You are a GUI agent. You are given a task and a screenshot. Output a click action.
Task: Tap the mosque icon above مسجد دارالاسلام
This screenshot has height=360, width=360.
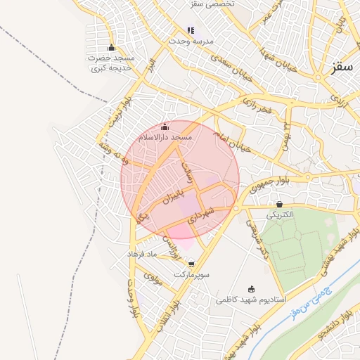pyautogui.click(x=165, y=127)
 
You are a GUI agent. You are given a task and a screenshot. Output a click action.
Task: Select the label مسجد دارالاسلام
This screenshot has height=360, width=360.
pyautogui.click(x=165, y=137)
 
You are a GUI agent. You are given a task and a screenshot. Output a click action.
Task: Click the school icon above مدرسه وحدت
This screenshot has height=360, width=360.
pyautogui.click(x=191, y=30)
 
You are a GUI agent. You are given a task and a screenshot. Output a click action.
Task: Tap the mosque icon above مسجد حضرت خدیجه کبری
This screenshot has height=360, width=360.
pyautogui.click(x=110, y=48)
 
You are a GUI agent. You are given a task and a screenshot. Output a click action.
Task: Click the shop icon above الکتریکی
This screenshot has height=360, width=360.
pyautogui.click(x=280, y=205)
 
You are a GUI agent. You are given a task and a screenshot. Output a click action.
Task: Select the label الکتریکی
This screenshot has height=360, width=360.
pyautogui.click(x=281, y=215)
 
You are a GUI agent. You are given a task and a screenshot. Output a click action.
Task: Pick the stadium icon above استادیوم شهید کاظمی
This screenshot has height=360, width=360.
pyautogui.click(x=252, y=289)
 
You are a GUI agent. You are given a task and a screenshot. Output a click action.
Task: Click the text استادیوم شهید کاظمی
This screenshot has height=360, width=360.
pyautogui.click(x=250, y=300)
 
